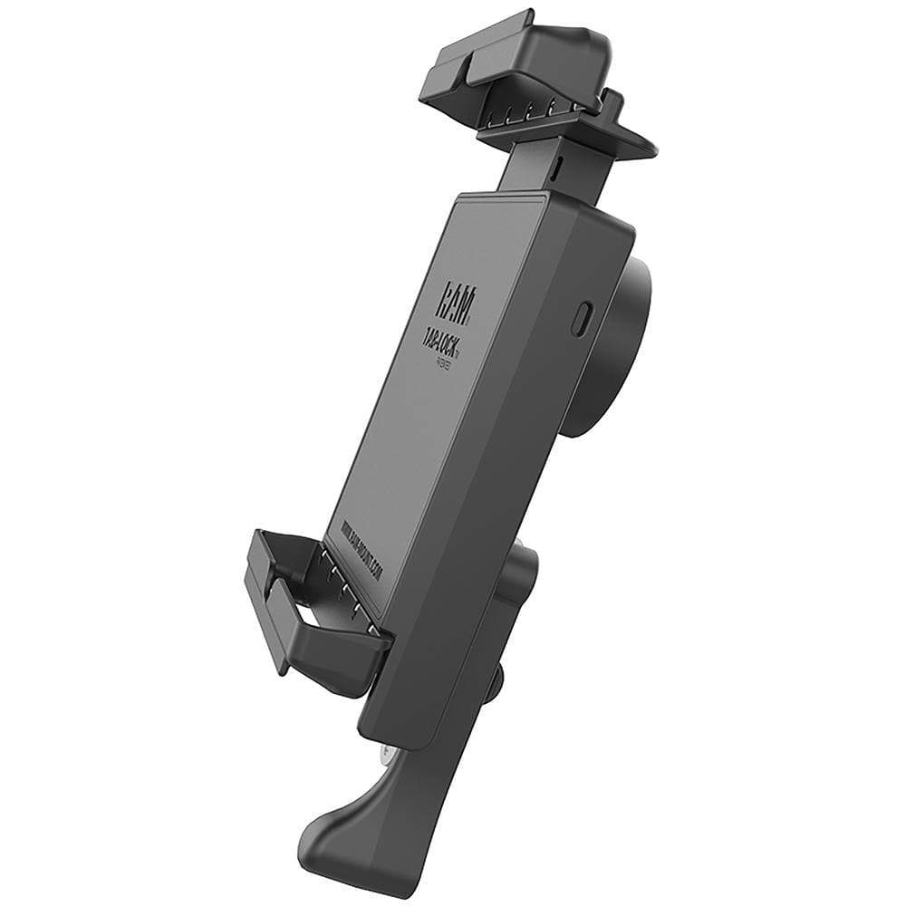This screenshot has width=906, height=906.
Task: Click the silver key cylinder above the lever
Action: [x=389, y=751]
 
